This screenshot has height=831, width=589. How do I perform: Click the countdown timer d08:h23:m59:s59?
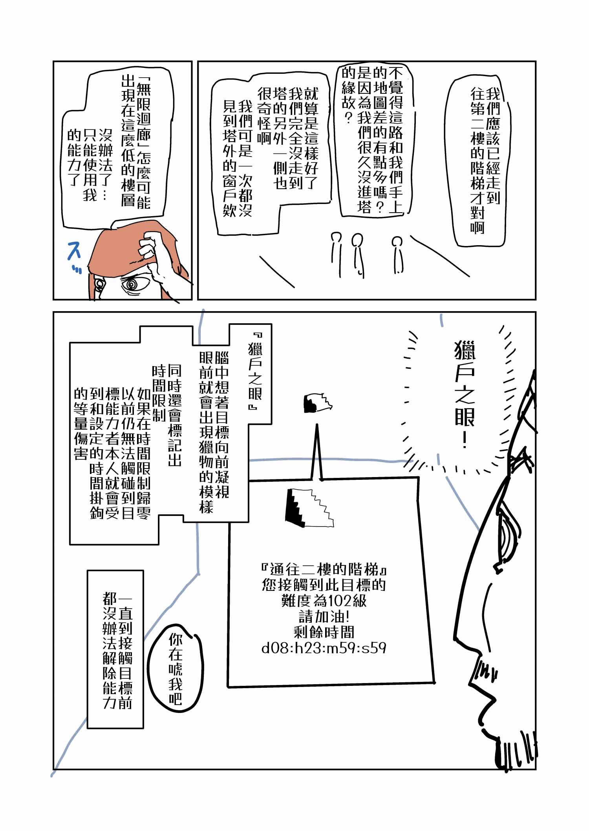[x=324, y=648]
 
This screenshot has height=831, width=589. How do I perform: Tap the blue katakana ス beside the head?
[x=74, y=251]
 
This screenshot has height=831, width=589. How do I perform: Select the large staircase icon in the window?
[x=311, y=507]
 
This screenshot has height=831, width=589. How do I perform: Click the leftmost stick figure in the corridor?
[x=336, y=251]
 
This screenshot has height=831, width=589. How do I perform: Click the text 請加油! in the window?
[x=324, y=616]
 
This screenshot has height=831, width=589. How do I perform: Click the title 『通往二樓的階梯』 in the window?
[x=324, y=569]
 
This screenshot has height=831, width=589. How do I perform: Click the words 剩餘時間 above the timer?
[x=324, y=632]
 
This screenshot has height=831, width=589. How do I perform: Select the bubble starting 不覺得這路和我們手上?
[x=373, y=141]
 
